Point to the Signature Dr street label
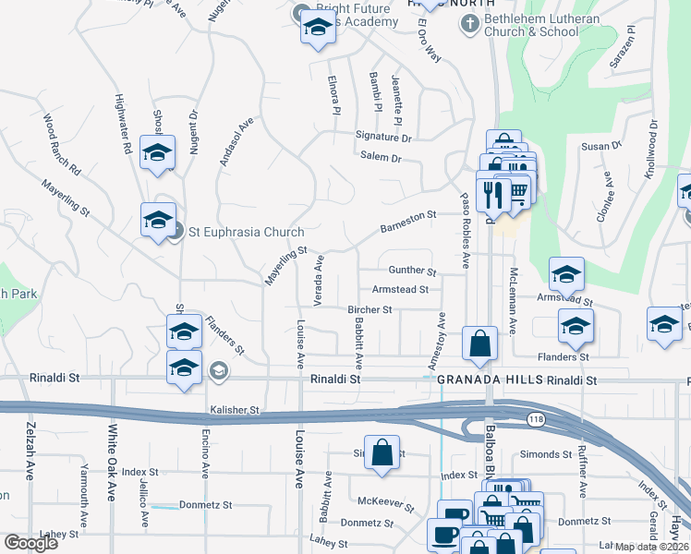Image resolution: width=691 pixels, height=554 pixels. point(383,137)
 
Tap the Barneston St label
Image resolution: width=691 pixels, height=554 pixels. point(407,221)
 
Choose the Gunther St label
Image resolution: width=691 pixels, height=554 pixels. point(412,271)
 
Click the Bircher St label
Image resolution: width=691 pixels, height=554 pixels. point(370,309)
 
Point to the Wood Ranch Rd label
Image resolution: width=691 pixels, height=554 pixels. point(63,145)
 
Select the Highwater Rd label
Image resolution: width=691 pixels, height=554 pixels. point(122,124)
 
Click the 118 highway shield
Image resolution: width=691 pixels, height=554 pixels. point(536,419)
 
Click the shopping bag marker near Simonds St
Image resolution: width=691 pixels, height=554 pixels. point(382,453)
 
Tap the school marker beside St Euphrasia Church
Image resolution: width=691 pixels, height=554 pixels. point(158,220)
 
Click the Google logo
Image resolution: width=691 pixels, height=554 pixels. point(31,543)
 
